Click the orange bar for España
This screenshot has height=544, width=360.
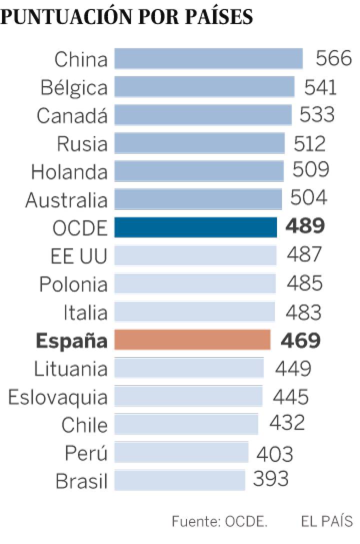pyautogui.click(x=192, y=340)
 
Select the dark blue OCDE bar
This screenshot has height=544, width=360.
pyautogui.click(x=195, y=227)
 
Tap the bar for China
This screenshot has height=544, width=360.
pyautogui.click(x=208, y=58)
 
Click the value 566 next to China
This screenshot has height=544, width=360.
pyautogui.click(x=333, y=58)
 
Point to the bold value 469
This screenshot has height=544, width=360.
pyautogui.click(x=300, y=340)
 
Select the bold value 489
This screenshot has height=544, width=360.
pyautogui.click(x=305, y=226)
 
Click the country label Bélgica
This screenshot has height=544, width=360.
pyautogui.click(x=74, y=87)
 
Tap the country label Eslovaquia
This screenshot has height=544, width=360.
pyautogui.click(x=57, y=397)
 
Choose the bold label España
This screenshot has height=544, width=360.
pyautogui.click(x=71, y=341)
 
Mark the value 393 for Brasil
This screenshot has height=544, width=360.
pyautogui.click(x=271, y=479)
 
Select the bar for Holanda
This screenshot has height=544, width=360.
pyautogui.click(x=199, y=171)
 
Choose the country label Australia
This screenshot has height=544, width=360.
pyautogui.click(x=66, y=200)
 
